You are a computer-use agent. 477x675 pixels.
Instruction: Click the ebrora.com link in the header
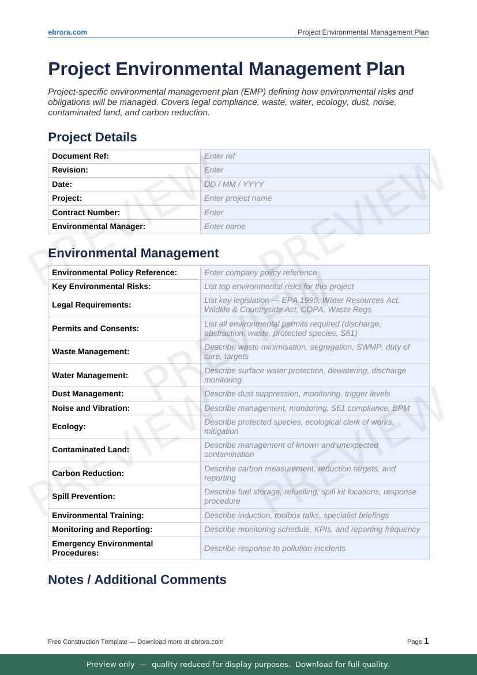coord(67,32)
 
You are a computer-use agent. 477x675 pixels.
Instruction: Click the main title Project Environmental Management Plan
coord(226,69)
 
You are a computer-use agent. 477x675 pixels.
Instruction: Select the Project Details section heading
coord(92,137)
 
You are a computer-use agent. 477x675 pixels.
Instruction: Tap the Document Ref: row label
coord(80,156)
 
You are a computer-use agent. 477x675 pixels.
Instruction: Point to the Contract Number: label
coord(86,212)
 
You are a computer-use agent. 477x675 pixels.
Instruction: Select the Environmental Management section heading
coord(133,253)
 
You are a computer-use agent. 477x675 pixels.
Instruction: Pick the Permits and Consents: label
coord(95,328)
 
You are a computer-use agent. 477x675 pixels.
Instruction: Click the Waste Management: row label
coord(90,351)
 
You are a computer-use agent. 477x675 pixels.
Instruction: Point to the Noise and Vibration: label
coord(91,408)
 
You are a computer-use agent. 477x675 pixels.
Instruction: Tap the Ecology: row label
coord(69,426)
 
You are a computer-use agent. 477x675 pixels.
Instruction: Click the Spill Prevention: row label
coord(83,496)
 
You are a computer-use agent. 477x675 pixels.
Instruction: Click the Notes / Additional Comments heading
coord(137,580)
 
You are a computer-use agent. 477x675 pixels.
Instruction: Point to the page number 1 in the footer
coord(426,641)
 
